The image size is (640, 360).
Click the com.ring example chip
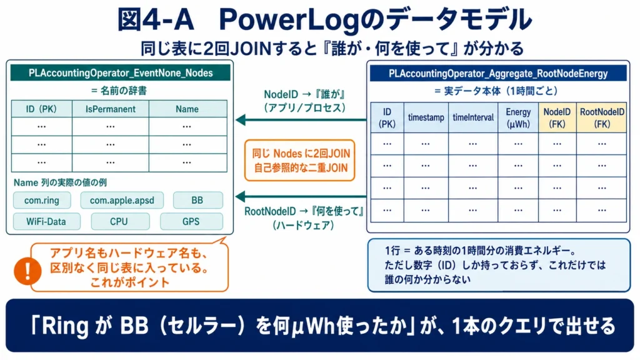point(42,201)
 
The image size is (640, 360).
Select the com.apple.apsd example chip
point(122,201)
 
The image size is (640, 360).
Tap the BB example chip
point(197,201)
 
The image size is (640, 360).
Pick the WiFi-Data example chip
point(46,222)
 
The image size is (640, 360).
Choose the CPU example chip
point(119,222)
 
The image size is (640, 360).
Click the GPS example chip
point(191,222)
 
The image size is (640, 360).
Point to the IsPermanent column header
point(111,109)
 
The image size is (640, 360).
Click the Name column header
point(187,109)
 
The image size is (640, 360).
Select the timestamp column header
point(426,117)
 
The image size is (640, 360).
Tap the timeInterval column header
point(473,117)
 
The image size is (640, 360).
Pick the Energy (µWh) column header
point(518,117)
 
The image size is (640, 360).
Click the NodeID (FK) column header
point(557,117)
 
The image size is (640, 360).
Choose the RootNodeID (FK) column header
point(602,117)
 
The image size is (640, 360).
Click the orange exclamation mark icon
point(27,271)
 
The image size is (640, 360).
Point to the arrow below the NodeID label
point(301,120)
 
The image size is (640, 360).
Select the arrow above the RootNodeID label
point(301,196)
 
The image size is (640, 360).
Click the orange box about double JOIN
point(300,161)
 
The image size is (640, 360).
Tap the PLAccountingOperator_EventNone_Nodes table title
point(121,73)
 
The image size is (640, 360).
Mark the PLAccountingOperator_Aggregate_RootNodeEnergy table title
point(498,74)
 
